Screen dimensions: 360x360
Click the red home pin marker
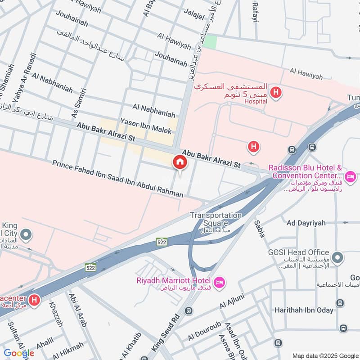(x=180, y=162)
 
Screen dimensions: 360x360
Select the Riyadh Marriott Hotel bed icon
(x=220, y=283)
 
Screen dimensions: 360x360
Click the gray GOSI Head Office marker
(x=339, y=258)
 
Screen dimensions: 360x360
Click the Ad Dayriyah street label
(x=305, y=223)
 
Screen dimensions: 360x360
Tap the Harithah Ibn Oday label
(x=304, y=310)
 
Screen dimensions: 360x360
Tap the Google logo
(x=19, y=353)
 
